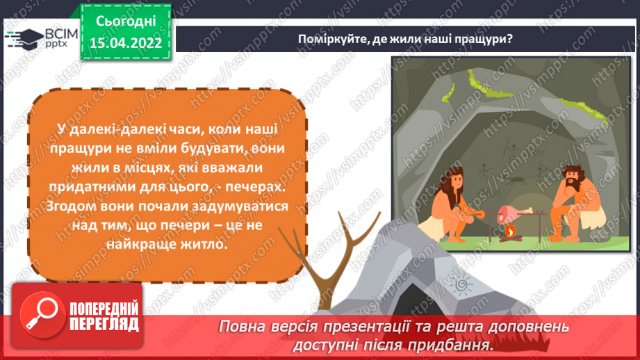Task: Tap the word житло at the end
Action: click(x=204, y=245)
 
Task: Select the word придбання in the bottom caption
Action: click(x=459, y=344)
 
